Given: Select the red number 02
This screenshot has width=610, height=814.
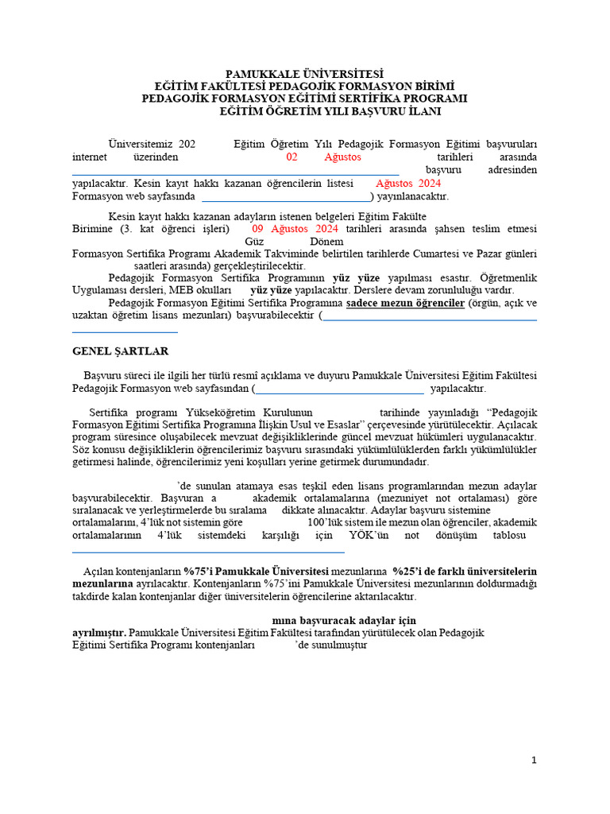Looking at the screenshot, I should coord(291,157).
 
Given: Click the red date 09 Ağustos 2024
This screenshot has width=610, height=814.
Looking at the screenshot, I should coord(295,229).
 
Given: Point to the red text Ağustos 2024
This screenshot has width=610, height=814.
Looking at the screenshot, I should coord(407,184).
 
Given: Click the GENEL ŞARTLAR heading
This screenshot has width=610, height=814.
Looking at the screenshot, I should coord(120,351).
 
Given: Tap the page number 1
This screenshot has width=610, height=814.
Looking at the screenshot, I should coord(535,760).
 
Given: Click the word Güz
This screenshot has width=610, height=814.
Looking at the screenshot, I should coord(255,241).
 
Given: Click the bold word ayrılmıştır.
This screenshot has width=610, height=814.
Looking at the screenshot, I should coord(98,633).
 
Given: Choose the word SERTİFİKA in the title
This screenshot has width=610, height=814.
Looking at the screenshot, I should coord(360,99).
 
